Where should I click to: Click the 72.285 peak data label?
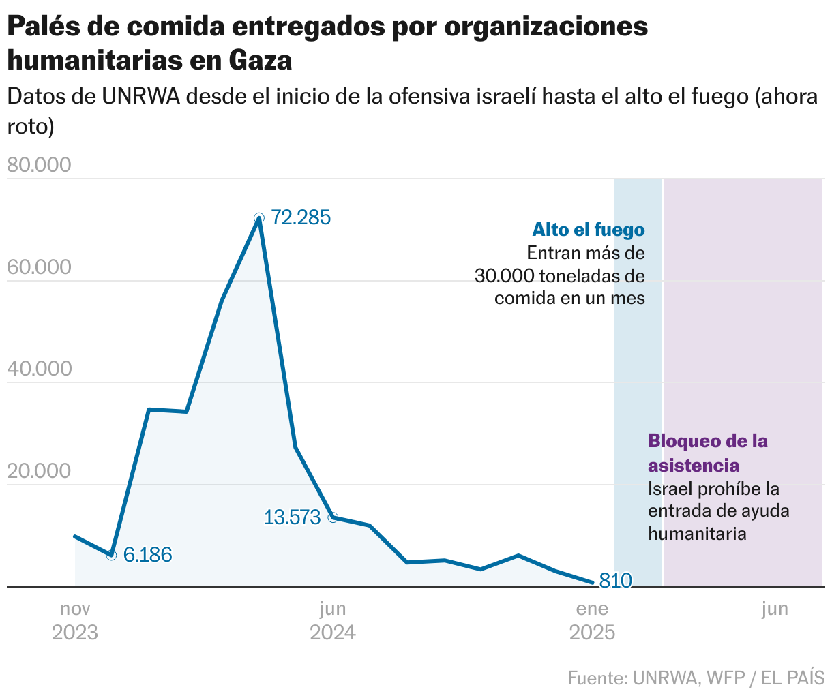pyautogui.click(x=301, y=218)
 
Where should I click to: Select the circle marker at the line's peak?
pyautogui.click(x=258, y=218)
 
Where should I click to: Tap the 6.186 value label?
pyautogui.click(x=148, y=555)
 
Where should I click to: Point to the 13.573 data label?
pyautogui.click(x=292, y=517)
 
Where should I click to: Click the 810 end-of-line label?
pyautogui.click(x=615, y=581)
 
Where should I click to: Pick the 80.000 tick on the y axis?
pyautogui.click(x=38, y=166)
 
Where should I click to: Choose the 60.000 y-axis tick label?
pyautogui.click(x=38, y=267)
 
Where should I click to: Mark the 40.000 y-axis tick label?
pyautogui.click(x=38, y=369)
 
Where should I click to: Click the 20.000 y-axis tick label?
pyautogui.click(x=38, y=471)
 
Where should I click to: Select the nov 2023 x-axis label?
pyautogui.click(x=75, y=620)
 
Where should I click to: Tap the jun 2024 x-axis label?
pyautogui.click(x=333, y=620)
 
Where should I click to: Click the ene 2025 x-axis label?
pyautogui.click(x=592, y=620)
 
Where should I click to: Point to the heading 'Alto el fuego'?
pyautogui.click(x=589, y=229)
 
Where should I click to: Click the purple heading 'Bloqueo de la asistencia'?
pyautogui.click(x=707, y=453)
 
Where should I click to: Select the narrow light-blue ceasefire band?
pyautogui.click(x=638, y=382)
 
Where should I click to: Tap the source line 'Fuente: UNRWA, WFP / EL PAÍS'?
pyautogui.click(x=696, y=678)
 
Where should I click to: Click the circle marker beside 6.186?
pyautogui.click(x=112, y=555)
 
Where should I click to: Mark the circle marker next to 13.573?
pyautogui.click(x=333, y=517)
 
